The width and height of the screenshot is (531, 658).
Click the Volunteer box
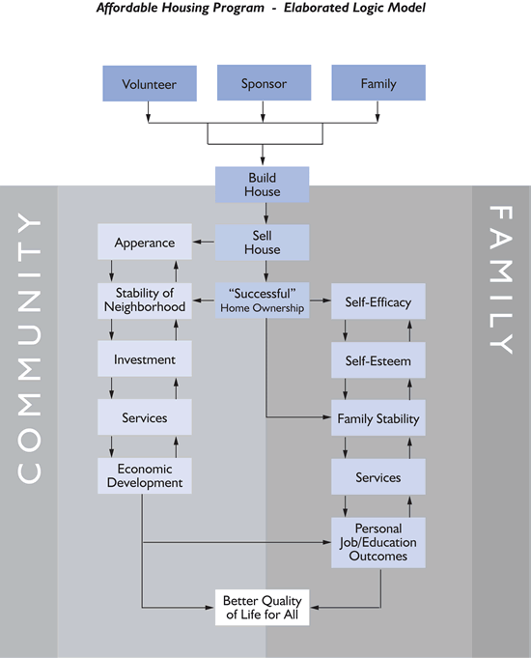pos(149,83)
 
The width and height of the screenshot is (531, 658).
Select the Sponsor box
pos(264,83)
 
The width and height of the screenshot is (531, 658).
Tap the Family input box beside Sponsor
pos(378,83)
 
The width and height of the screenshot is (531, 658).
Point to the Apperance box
pos(145,243)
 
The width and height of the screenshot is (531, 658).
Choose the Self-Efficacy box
pos(378,302)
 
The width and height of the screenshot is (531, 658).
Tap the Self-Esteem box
pos(378,361)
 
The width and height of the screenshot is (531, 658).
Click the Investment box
pos(145,359)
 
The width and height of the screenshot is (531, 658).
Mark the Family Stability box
pos(378,419)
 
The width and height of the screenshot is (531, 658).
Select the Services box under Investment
pos(145,417)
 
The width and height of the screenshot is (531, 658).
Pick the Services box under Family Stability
pos(378,477)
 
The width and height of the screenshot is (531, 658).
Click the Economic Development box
pos(145,475)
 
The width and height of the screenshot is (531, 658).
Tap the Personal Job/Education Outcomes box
pos(378,542)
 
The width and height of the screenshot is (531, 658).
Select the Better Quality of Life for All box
pos(263,607)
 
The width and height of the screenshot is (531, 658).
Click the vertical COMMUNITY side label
pos(30,348)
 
